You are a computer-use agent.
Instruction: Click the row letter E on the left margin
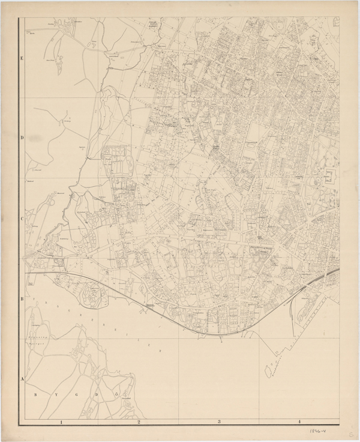click(x=21, y=59)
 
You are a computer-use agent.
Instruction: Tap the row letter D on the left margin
click(x=21, y=138)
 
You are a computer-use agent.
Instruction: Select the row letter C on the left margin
click(x=21, y=219)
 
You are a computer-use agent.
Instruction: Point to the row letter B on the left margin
click(x=21, y=298)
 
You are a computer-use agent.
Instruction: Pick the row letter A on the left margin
click(x=21, y=379)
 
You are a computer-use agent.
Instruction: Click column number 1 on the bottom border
click(x=61, y=422)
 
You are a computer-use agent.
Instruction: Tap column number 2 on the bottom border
click(x=139, y=422)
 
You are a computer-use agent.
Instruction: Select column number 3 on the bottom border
click(x=219, y=422)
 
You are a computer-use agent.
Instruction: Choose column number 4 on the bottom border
click(x=298, y=422)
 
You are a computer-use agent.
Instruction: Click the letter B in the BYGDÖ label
click(x=35, y=395)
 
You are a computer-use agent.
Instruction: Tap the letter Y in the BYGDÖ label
click(x=50, y=395)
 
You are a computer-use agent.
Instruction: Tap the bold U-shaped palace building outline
click(x=329, y=177)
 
